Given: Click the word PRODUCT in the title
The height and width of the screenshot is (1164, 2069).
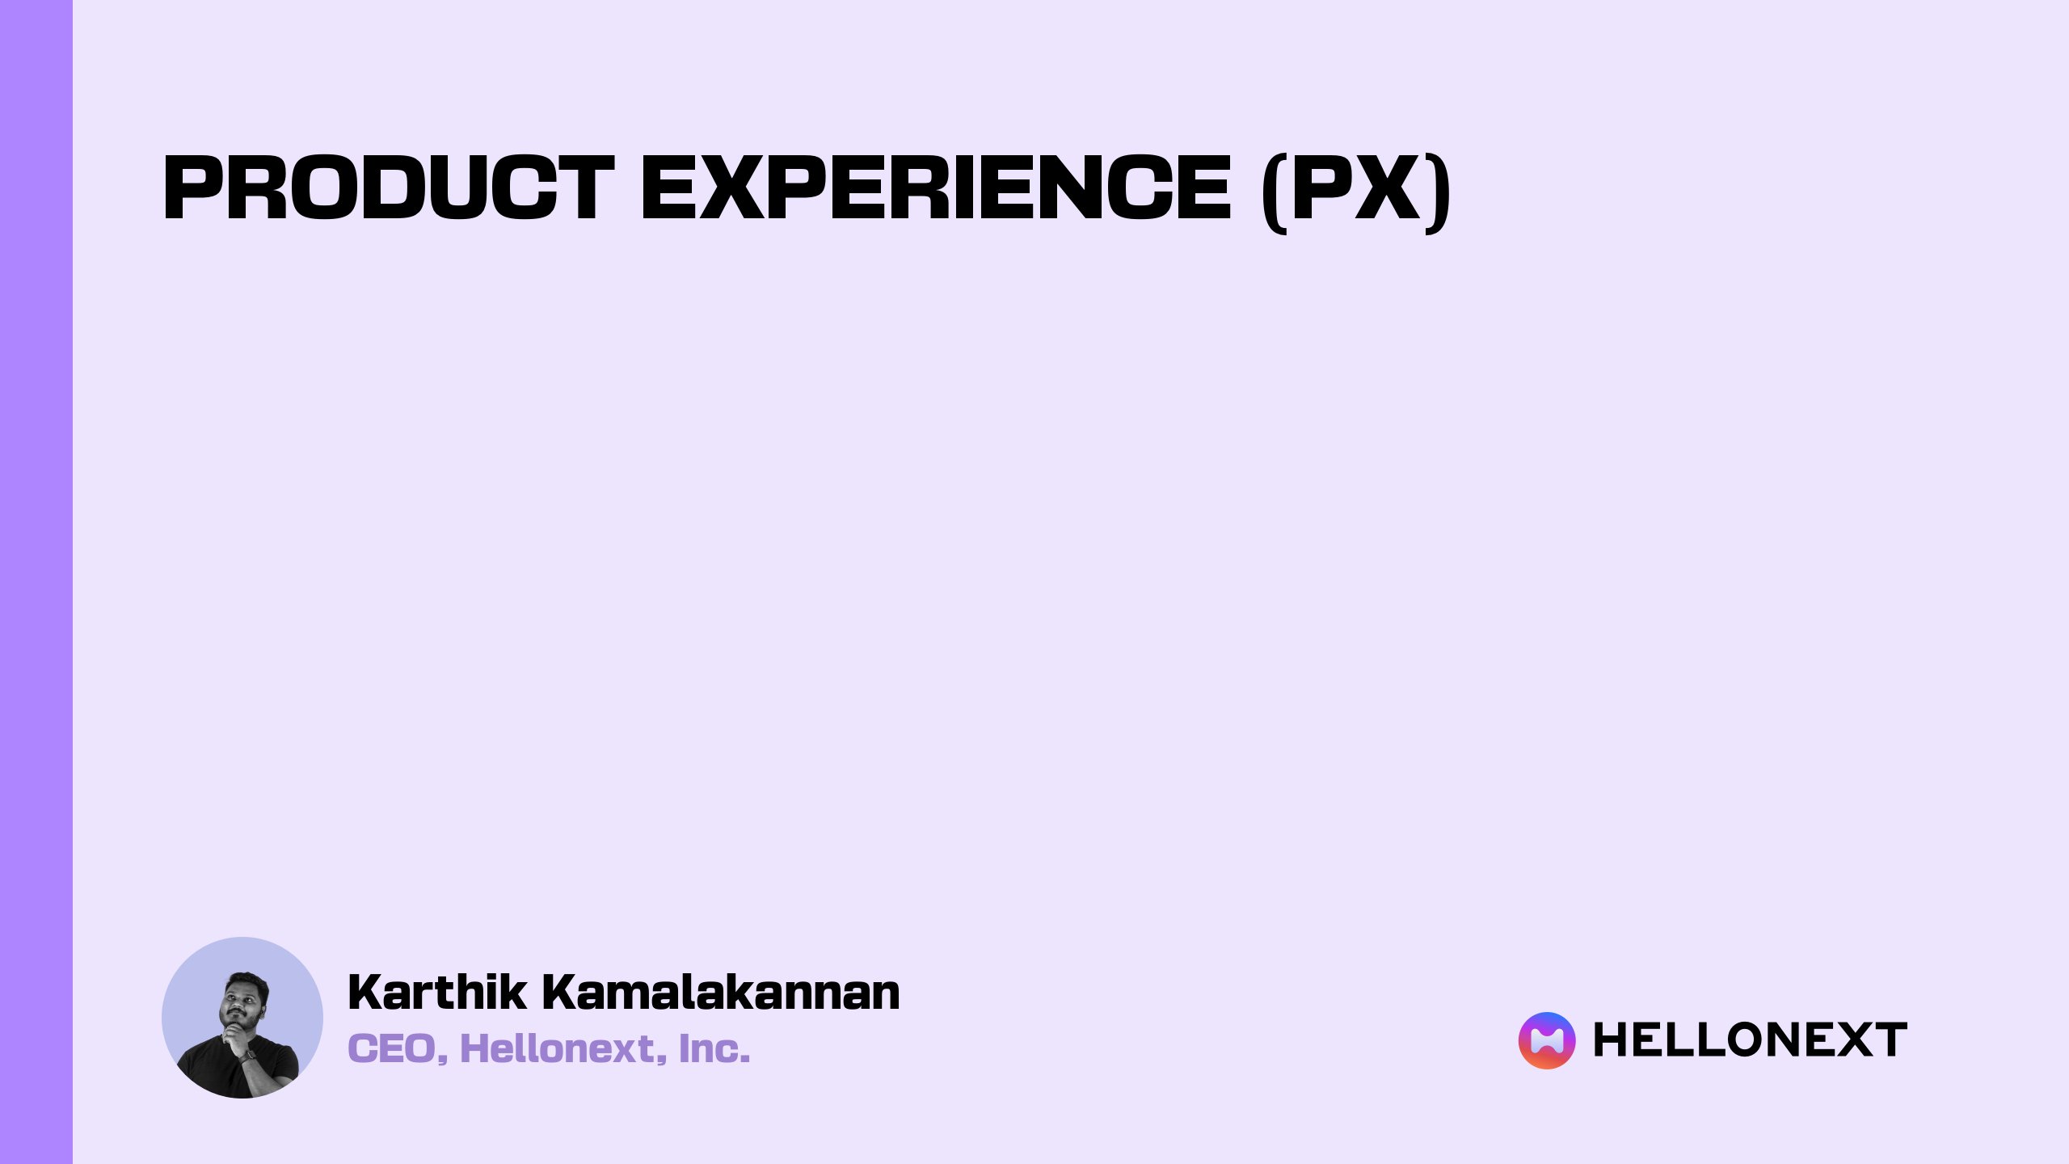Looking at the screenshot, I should tap(388, 188).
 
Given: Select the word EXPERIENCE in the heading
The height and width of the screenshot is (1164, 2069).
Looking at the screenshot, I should tap(936, 188).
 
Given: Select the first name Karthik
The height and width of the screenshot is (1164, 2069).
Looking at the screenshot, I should tap(436, 992).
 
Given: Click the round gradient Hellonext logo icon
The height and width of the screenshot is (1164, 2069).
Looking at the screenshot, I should tap(1547, 1040).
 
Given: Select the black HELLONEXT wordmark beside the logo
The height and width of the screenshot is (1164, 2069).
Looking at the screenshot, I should tap(1750, 1040).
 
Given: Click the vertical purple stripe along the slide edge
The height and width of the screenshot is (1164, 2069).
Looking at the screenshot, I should tap(36, 582).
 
